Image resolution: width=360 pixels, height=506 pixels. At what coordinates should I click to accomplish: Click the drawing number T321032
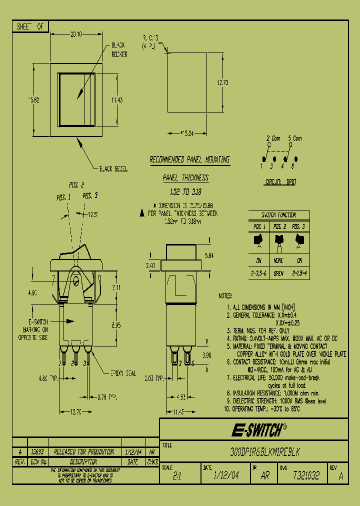pyautogui.click(x=306, y=475)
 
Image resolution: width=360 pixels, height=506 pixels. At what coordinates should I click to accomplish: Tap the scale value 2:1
pyautogui.click(x=176, y=476)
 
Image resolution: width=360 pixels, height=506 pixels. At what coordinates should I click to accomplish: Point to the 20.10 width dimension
pyautogui.click(x=76, y=34)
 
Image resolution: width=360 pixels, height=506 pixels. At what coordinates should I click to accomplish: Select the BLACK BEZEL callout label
pyautogui.click(x=113, y=169)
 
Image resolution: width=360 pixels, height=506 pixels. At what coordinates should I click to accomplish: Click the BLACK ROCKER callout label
pyautogui.click(x=118, y=49)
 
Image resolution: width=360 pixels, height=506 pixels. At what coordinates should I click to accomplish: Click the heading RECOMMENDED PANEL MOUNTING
pyautogui.click(x=189, y=159)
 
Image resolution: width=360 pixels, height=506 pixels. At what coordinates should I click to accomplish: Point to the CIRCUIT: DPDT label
pyautogui.click(x=280, y=182)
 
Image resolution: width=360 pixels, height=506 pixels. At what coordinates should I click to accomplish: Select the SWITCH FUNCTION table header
pyautogui.click(x=279, y=214)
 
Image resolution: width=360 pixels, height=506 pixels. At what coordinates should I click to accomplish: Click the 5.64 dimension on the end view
pyautogui.click(x=210, y=255)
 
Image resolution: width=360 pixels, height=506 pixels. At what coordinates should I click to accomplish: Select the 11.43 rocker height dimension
pyautogui.click(x=117, y=99)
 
